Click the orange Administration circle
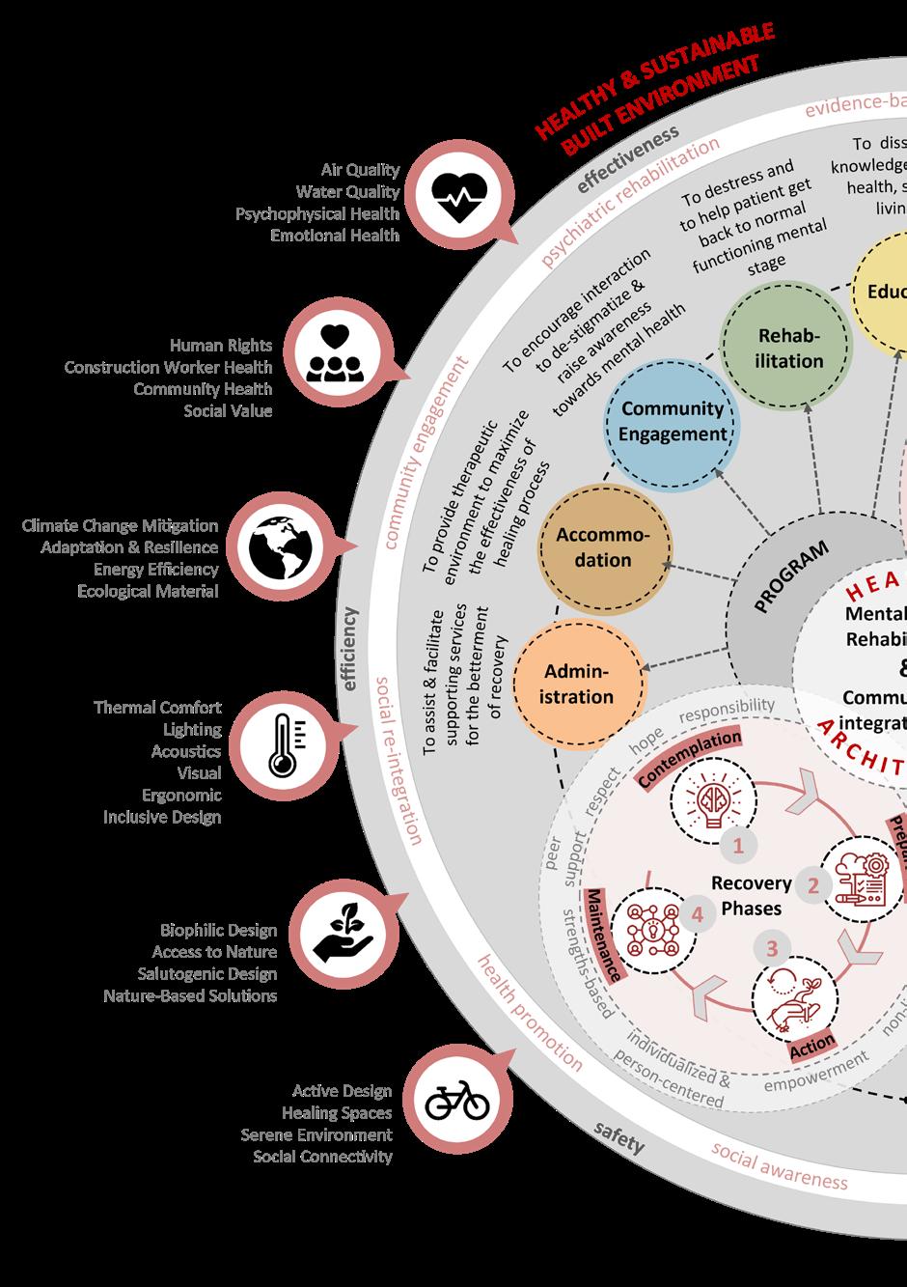(578, 684)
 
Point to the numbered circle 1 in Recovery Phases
(738, 846)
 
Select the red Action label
(811, 1045)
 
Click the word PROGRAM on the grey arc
(790, 576)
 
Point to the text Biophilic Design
(218, 930)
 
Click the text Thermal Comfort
(157, 707)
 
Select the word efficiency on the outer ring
(348, 649)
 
